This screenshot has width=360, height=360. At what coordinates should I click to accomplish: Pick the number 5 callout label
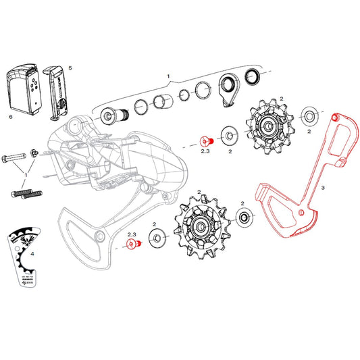pos(70,68)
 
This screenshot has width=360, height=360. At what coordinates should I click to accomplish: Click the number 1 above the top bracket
pos(169,78)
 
